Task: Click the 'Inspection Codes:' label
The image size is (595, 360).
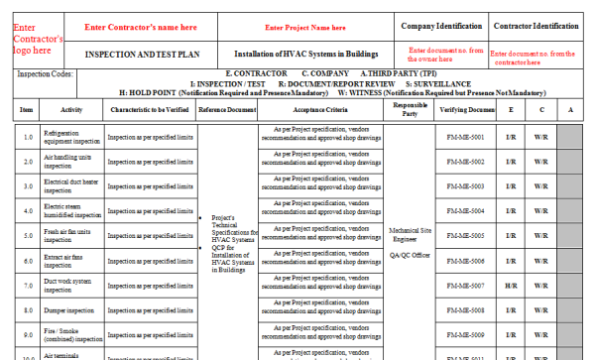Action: tap(46, 74)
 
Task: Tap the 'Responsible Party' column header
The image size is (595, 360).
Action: tap(410, 108)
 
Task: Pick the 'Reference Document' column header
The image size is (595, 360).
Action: tap(227, 109)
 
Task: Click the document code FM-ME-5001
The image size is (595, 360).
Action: tap(465, 137)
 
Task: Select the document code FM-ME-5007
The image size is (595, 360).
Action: tap(465, 286)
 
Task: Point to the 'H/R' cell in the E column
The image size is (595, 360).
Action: tap(510, 286)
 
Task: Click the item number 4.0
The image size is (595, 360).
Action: tap(27, 211)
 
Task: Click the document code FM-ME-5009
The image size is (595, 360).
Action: tap(465, 335)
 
